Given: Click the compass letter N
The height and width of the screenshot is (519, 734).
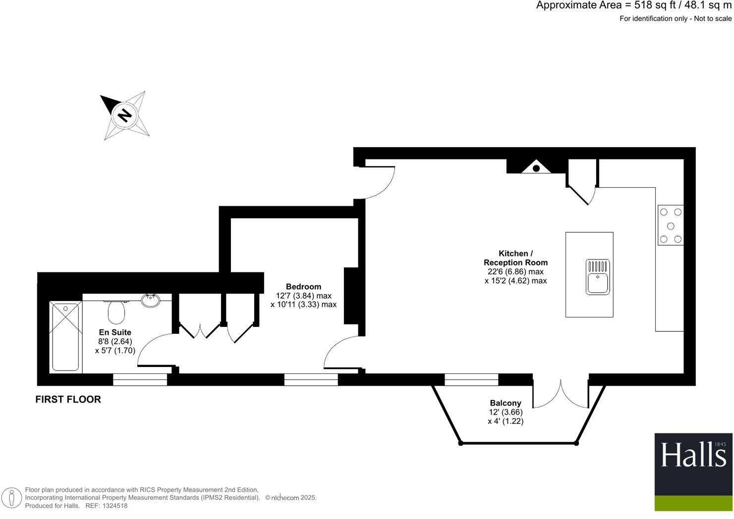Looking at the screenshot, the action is (124, 115).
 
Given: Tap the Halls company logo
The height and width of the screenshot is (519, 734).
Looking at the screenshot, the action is (693, 472).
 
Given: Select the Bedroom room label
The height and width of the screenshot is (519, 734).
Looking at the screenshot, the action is (303, 287).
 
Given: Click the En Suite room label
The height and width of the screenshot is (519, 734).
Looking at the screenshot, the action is (115, 332).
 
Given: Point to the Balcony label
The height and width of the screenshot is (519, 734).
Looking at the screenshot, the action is (506, 403).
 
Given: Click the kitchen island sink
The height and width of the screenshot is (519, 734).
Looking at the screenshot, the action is (598, 277).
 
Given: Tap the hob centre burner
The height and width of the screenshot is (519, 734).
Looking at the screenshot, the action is (671, 226).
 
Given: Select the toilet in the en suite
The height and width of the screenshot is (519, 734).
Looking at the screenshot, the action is (116, 311).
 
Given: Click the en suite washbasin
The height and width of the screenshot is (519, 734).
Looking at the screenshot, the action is (151, 300).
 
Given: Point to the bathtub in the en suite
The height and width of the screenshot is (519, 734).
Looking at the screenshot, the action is (65, 337).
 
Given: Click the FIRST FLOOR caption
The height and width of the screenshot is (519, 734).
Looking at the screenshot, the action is (68, 400).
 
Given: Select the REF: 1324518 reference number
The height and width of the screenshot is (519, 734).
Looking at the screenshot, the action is (107, 506).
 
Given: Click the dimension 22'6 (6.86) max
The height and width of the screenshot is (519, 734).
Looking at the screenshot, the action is (515, 272).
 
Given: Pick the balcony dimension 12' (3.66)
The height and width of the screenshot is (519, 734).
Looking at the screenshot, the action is (506, 412).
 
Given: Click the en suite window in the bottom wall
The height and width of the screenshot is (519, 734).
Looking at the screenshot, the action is (140, 379).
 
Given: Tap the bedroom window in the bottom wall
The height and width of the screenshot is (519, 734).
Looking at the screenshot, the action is (311, 379).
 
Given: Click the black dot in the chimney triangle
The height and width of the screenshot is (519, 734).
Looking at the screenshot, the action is (536, 168).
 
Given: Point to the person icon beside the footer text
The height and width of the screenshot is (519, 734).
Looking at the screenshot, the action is (12, 498).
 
